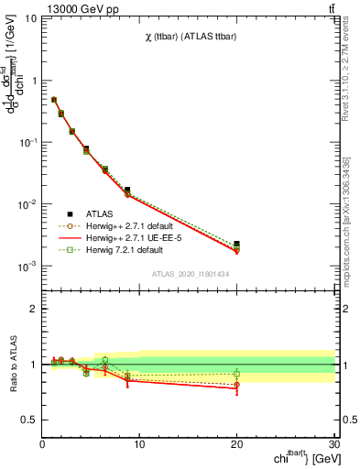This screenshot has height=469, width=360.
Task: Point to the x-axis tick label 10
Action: [139, 444]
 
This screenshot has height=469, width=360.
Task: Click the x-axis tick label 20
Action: [236, 444]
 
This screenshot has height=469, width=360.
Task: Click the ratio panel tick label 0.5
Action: [29, 420]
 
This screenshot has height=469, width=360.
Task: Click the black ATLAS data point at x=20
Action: [236, 245]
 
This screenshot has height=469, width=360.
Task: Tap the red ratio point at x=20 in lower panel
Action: [236, 387]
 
